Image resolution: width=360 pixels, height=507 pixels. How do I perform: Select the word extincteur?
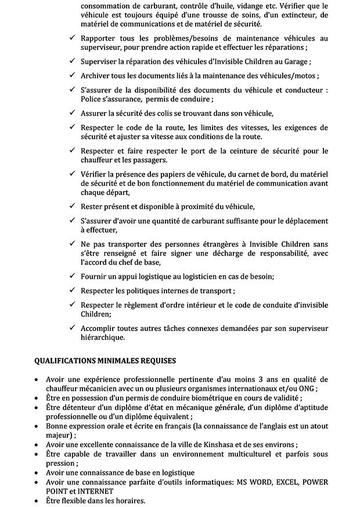(x=303, y=15)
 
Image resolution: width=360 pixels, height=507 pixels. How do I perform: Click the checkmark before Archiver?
(x=71, y=76)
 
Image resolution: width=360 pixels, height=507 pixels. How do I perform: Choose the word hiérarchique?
(x=102, y=337)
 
